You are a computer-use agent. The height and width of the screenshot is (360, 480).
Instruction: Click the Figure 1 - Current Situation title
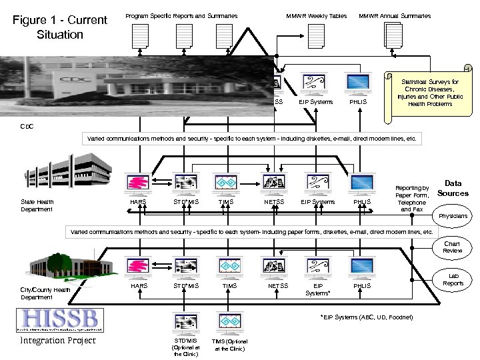(61, 27)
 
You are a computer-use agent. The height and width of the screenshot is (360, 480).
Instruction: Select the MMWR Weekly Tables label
(317, 16)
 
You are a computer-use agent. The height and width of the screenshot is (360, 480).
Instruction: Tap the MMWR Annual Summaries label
(395, 16)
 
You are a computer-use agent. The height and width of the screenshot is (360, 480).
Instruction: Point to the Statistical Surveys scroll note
(430, 93)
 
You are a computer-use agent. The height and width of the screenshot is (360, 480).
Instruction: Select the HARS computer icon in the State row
(139, 183)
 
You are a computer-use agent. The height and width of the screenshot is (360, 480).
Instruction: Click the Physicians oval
(453, 216)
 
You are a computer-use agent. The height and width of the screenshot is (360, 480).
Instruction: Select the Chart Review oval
(453, 247)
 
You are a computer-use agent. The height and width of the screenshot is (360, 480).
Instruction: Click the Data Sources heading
(453, 188)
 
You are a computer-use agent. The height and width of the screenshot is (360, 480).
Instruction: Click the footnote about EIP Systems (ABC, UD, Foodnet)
(366, 317)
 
